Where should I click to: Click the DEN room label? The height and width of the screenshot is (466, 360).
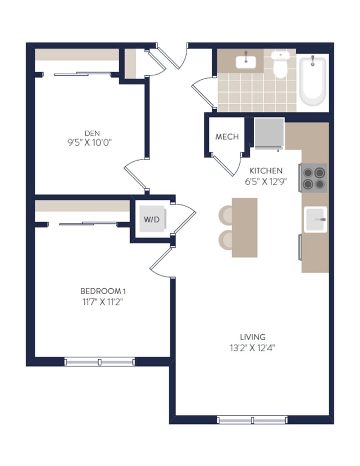pos(92,132)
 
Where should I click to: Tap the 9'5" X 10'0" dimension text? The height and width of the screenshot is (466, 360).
pos(92,142)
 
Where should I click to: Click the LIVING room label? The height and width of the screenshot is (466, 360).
pos(253,337)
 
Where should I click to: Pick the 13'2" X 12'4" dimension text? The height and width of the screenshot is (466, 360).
pos(253,348)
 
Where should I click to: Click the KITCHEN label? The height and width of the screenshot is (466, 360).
pos(266,171)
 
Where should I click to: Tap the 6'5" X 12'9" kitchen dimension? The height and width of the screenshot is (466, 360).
pos(266,181)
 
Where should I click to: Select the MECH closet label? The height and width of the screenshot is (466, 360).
pos(227,137)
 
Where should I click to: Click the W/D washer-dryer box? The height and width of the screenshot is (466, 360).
pos(151,219)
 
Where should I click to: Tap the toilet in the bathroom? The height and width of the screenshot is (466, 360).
pos(281,66)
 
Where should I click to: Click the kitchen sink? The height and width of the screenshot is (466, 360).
pos(315,219)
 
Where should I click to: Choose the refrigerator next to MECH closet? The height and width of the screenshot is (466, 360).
pos(269,134)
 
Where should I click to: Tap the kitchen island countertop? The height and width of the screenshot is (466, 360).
pos(244,227)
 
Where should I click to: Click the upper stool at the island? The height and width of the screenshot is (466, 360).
pos(227,214)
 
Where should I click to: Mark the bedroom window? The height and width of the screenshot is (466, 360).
pos(100,362)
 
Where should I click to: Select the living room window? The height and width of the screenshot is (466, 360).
pos(252,420)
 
